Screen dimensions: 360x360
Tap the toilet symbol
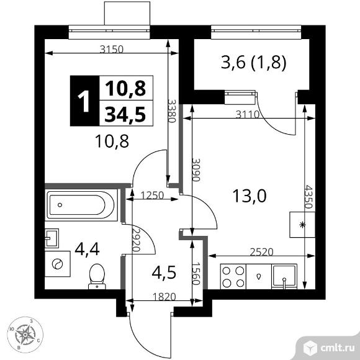(x=97, y=276)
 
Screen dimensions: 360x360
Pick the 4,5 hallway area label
(x=163, y=272)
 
